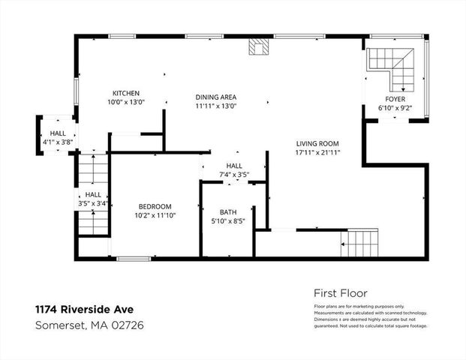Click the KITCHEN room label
point(127,93)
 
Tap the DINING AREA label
point(216,97)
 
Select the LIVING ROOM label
point(318,143)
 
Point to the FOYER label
point(395,98)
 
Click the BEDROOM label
point(155,207)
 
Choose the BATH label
point(228,211)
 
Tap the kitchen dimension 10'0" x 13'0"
point(127,102)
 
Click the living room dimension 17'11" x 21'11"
point(318,152)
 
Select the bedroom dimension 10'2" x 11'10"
point(155,216)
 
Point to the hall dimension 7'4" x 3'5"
point(233,175)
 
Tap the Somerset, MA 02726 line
point(89,325)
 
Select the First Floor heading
point(340,292)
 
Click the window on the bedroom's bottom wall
point(134,259)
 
